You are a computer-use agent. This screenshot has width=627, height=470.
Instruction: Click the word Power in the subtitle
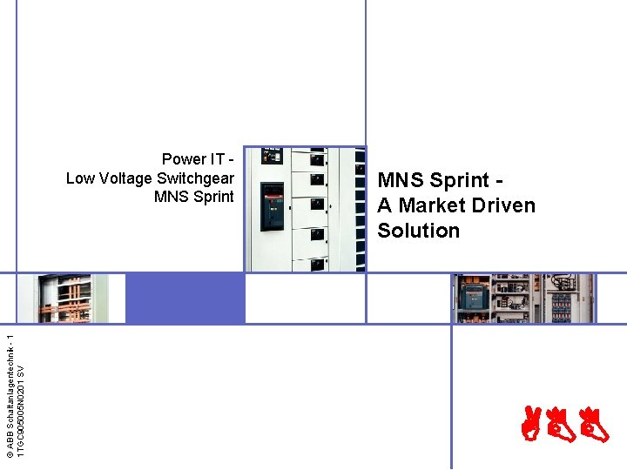coord(184,159)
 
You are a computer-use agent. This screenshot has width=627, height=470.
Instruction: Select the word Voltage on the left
coord(126,178)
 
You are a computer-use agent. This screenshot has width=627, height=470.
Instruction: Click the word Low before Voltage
coord(80,178)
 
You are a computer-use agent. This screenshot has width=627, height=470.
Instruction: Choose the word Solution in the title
coord(418,231)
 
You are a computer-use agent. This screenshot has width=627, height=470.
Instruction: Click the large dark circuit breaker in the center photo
coord(273,206)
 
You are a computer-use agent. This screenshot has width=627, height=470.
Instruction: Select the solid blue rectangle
coord(185,298)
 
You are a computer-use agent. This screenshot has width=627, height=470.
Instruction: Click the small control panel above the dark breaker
coord(273,158)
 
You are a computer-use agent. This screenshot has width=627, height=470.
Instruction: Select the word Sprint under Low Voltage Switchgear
coord(213,197)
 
